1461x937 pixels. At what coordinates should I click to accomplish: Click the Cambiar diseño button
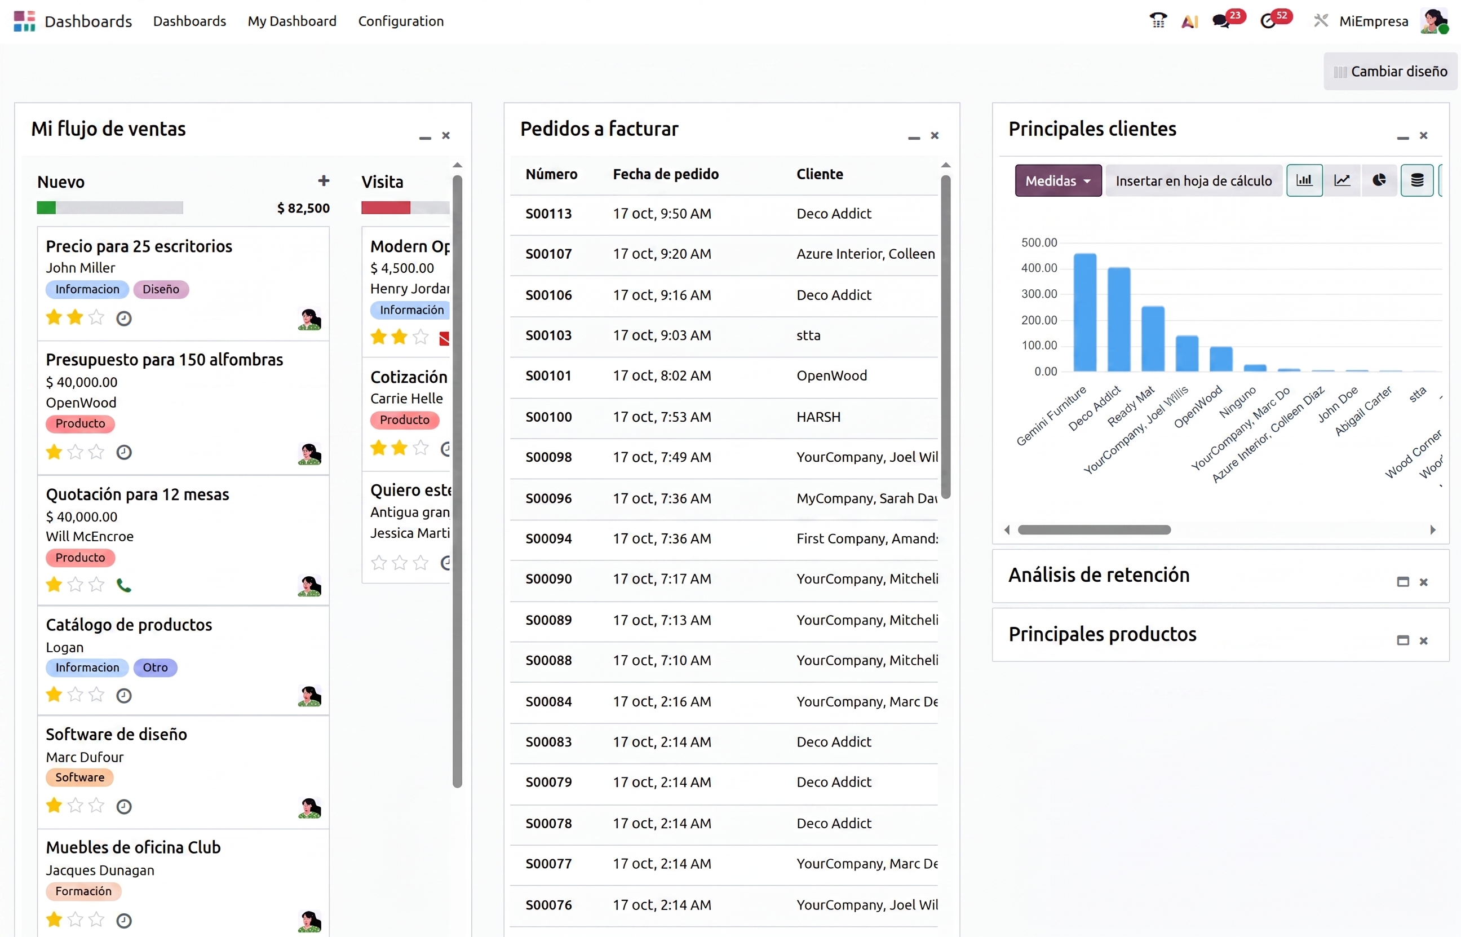(x=1390, y=71)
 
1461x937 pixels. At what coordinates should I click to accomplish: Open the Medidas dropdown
(x=1058, y=181)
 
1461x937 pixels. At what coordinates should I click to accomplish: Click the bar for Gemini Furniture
(x=1084, y=312)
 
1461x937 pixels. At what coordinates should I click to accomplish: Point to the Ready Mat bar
(x=1153, y=338)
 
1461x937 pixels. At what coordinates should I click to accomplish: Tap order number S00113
(x=548, y=214)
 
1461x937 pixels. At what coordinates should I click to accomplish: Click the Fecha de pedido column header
(x=666, y=174)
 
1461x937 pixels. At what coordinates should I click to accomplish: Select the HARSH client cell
(x=818, y=417)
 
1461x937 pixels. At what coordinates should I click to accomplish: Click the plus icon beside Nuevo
(x=324, y=181)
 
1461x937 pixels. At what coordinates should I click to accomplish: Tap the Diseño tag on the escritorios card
(x=161, y=289)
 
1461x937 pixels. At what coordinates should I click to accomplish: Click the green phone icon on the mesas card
(x=124, y=585)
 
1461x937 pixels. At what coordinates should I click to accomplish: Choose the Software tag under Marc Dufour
(x=79, y=777)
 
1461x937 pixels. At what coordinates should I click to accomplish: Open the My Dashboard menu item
(x=292, y=21)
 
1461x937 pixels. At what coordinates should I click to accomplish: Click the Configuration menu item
(x=401, y=21)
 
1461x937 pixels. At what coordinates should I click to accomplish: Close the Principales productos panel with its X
(x=1423, y=640)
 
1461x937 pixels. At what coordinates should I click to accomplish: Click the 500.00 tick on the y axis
(x=1039, y=242)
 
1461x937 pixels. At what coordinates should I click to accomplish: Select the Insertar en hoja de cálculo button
(x=1193, y=181)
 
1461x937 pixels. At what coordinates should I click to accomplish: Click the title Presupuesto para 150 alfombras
(x=164, y=360)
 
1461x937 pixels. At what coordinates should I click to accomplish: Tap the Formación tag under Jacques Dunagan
(x=83, y=891)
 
